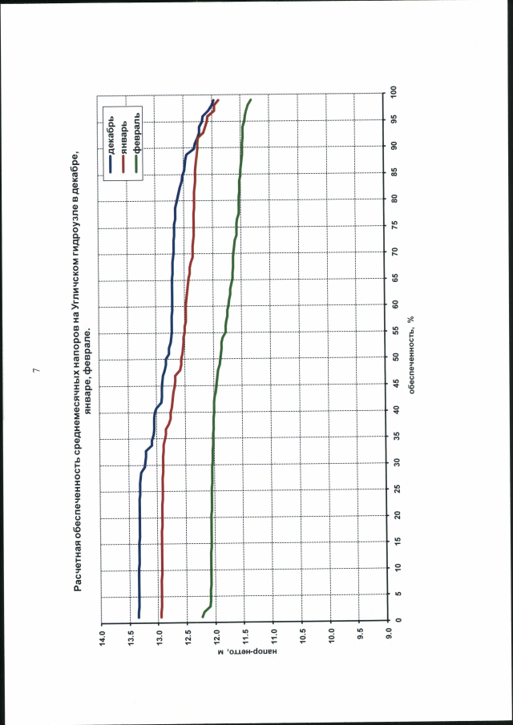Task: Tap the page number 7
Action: pyautogui.click(x=35, y=371)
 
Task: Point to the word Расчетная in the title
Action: pyautogui.click(x=78, y=561)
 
